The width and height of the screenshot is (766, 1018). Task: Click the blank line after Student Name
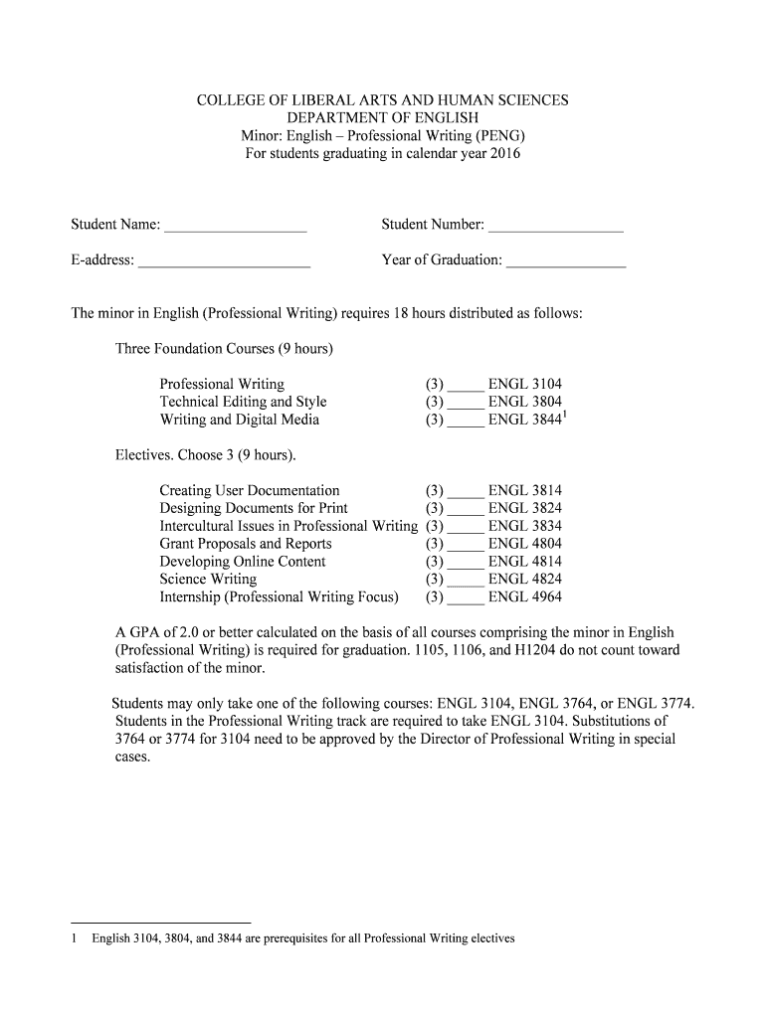pos(235,228)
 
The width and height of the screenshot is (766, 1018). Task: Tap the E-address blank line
pos(224,263)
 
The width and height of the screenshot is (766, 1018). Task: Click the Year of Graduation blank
pos(566,263)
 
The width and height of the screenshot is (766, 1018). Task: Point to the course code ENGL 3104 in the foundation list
pos(524,384)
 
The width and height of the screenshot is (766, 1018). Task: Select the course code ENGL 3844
pos(524,420)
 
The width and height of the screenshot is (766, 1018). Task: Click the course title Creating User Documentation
pos(249,490)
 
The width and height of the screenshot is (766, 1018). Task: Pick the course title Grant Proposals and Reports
pos(246,544)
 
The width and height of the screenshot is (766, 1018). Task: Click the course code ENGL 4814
pos(524,562)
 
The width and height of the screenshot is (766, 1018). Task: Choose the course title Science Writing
pos(208,580)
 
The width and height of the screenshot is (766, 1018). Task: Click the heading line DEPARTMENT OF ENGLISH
pos(383,118)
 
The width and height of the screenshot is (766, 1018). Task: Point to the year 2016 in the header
pos(503,154)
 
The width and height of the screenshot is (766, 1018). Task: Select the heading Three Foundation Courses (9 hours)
pos(224,349)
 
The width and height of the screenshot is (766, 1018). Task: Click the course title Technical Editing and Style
pos(243,402)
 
